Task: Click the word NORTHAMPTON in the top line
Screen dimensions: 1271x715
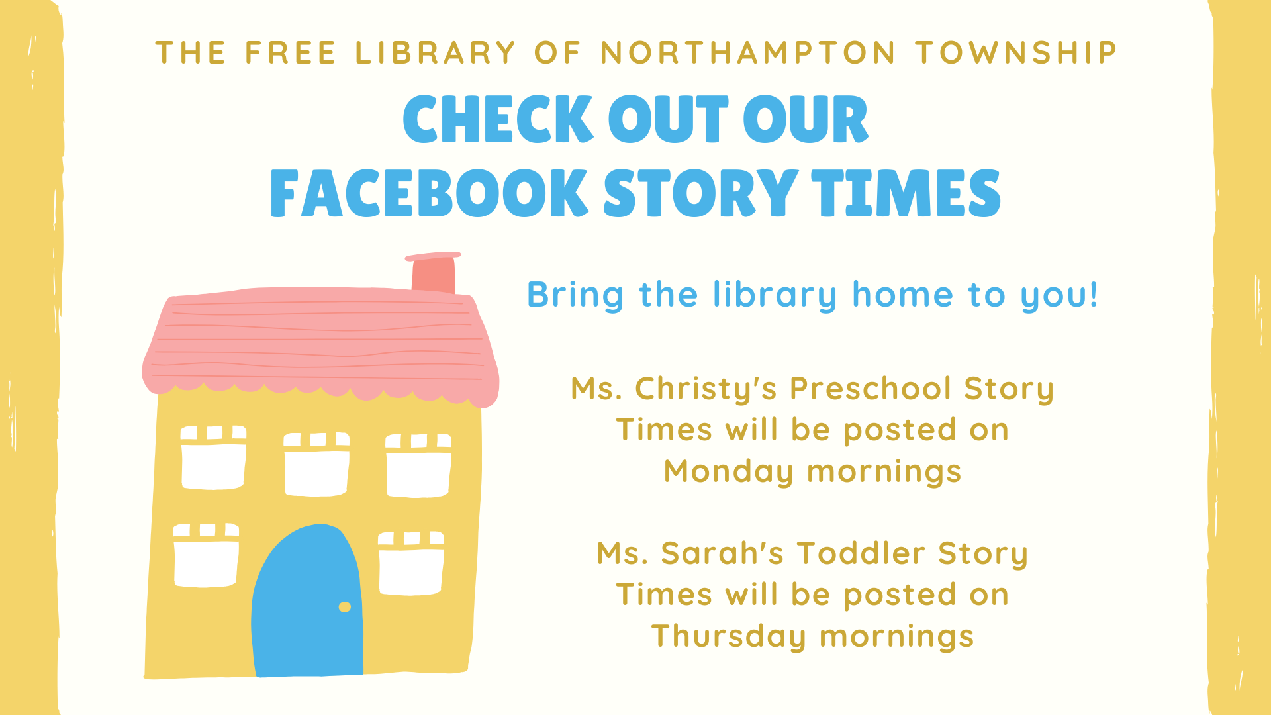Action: tap(748, 53)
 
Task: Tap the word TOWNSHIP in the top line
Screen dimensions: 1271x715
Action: tap(1017, 53)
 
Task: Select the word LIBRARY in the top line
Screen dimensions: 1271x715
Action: tap(435, 53)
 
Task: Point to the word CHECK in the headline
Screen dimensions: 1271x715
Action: tap(498, 119)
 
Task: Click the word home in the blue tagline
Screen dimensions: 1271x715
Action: tap(902, 295)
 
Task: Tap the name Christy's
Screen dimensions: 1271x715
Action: tap(706, 389)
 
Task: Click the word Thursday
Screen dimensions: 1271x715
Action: tap(729, 637)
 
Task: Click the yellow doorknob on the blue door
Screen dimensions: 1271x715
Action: tap(345, 607)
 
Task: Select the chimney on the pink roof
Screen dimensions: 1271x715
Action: tap(434, 272)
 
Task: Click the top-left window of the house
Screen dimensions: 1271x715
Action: tap(213, 457)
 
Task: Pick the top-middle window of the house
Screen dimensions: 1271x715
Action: tap(316, 464)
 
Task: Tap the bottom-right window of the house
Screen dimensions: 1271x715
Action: tap(411, 563)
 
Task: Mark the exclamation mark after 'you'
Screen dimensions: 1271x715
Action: tap(1093, 294)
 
